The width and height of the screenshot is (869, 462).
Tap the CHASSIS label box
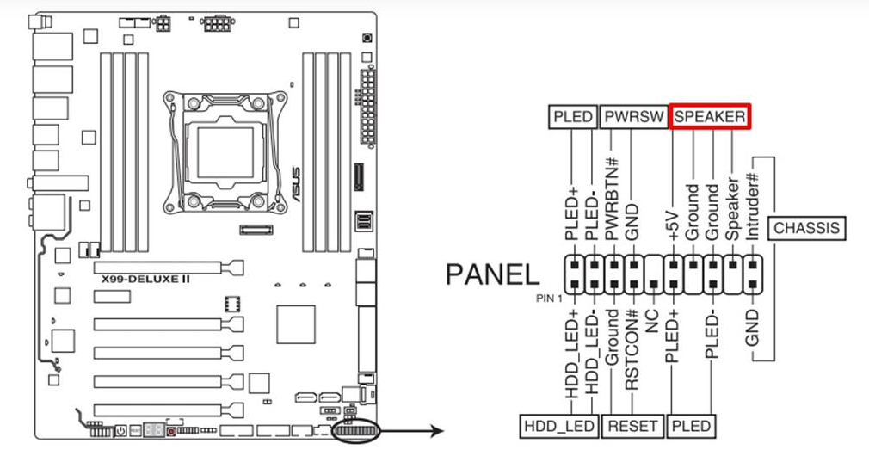click(805, 228)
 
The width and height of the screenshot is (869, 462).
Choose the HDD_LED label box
click(558, 425)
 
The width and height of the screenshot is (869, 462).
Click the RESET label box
click(633, 425)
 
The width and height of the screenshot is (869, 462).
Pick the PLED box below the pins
click(692, 425)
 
